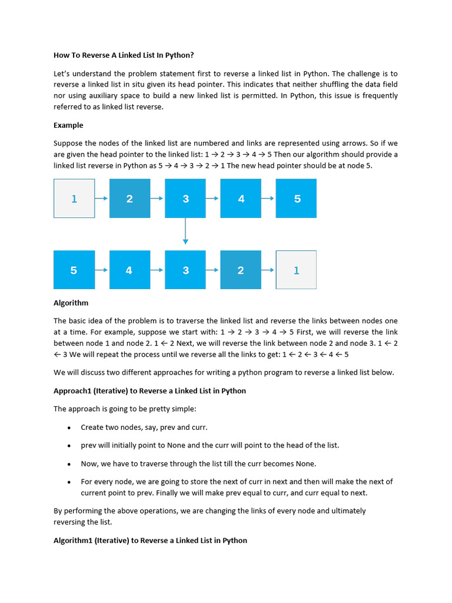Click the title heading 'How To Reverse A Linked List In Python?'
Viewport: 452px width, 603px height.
pyautogui.click(x=124, y=55)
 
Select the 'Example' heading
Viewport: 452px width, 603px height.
pyautogui.click(x=68, y=125)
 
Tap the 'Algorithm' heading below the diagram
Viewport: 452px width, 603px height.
pyautogui.click(x=71, y=303)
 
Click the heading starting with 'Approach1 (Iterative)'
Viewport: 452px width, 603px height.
pyautogui.click(x=149, y=390)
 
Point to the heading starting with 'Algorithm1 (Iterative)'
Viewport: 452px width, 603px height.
pyautogui.click(x=150, y=540)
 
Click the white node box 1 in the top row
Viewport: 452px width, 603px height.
pyautogui.click(x=74, y=198)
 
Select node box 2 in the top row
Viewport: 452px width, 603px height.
pyautogui.click(x=129, y=198)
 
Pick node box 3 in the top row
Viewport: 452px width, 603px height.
pyautogui.click(x=185, y=198)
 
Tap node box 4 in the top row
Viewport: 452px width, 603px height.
pyautogui.click(x=241, y=198)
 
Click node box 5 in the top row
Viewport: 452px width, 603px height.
pyautogui.click(x=296, y=198)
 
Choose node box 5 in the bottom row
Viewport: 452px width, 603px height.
pyautogui.click(x=74, y=270)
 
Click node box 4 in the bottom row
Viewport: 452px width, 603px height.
pyautogui.click(x=129, y=270)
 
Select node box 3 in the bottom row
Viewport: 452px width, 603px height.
pyautogui.click(x=185, y=270)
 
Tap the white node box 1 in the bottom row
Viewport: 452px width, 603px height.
pyautogui.click(x=296, y=270)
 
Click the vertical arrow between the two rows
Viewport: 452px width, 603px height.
pyautogui.click(x=185, y=231)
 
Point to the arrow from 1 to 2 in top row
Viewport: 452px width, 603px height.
pyautogui.click(x=102, y=198)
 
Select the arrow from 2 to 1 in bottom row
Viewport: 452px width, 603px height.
pyautogui.click(x=268, y=270)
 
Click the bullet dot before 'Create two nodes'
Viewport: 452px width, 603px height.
pyautogui.click(x=69, y=428)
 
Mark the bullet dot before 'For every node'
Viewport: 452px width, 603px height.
pyautogui.click(x=69, y=482)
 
